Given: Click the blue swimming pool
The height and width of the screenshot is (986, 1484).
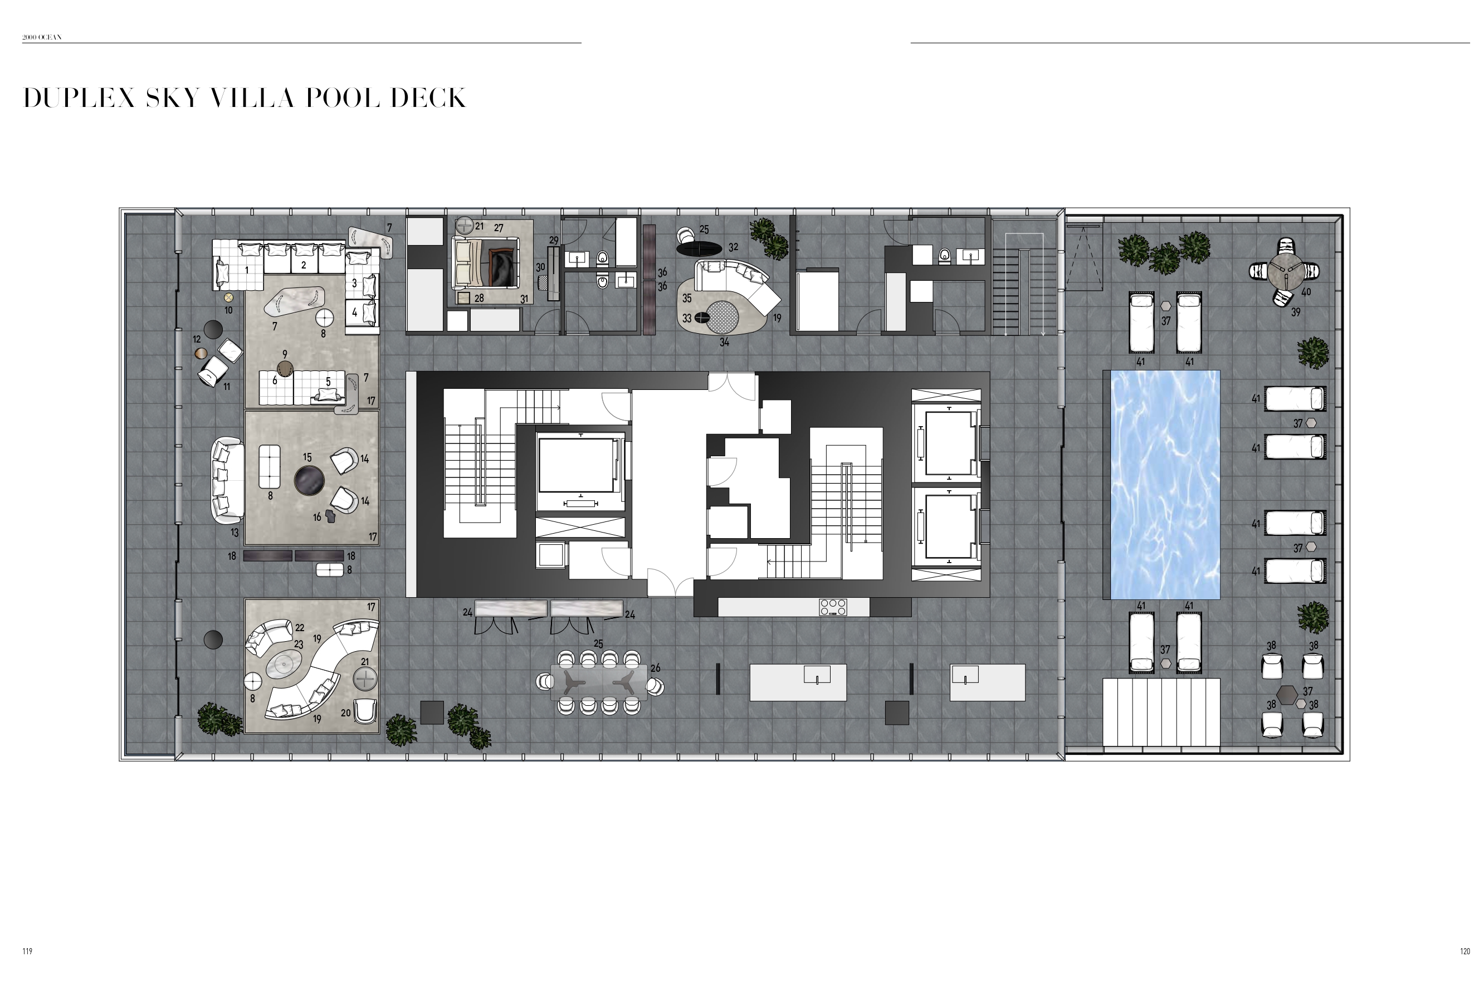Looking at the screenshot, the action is click(1165, 484).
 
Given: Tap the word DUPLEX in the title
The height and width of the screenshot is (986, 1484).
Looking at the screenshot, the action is click(79, 98).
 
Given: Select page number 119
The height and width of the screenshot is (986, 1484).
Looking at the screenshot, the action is click(27, 951).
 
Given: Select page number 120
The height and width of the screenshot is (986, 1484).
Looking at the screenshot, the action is click(1465, 951).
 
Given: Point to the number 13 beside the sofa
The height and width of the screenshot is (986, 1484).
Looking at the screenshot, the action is click(235, 533).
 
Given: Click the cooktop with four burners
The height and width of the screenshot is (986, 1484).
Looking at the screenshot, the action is click(833, 607).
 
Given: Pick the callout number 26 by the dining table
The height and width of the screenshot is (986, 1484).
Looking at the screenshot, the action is click(656, 668).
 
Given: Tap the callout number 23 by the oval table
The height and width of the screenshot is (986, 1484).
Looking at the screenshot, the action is click(299, 645).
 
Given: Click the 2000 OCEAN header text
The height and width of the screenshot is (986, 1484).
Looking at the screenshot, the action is click(42, 37).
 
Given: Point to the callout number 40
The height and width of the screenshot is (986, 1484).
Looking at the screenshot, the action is click(1305, 292).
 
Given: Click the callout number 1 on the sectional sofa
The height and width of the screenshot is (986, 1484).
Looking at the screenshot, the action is click(246, 270).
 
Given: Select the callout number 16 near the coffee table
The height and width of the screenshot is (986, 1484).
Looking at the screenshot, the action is click(317, 517).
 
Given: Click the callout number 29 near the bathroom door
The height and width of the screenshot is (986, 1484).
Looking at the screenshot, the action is click(553, 240).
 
